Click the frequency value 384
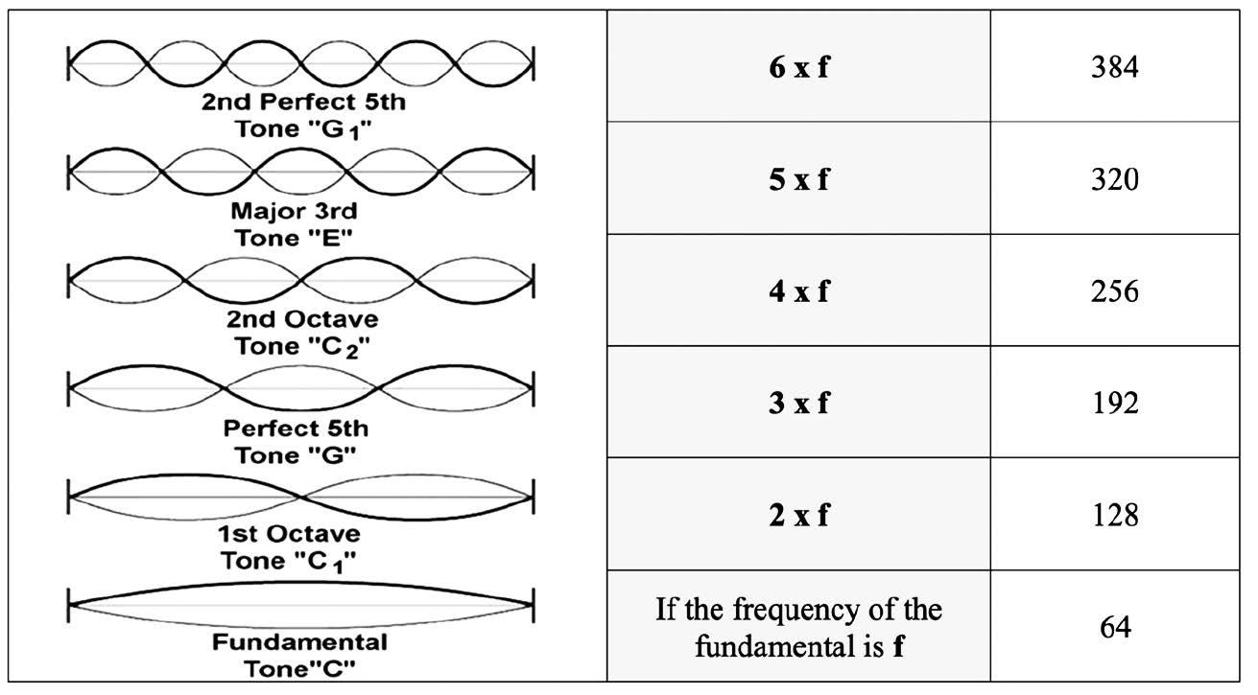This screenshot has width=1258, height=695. point(1114,67)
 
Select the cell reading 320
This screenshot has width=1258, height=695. point(1114,179)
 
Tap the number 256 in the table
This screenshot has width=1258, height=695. point(1114,291)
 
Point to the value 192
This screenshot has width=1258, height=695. point(1114,404)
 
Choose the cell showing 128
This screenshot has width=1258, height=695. point(1114,516)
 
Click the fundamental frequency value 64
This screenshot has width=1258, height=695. point(1114,628)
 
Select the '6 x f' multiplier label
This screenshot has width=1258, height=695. point(798,68)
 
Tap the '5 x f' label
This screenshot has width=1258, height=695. point(798,180)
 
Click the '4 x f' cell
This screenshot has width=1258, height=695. point(798,291)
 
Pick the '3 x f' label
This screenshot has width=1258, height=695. point(798,404)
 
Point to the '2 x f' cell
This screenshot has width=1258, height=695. point(798,516)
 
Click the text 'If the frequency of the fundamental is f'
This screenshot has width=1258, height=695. point(798,628)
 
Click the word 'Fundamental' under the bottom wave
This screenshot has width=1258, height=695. point(300,641)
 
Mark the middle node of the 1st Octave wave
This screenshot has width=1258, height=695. point(301,497)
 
